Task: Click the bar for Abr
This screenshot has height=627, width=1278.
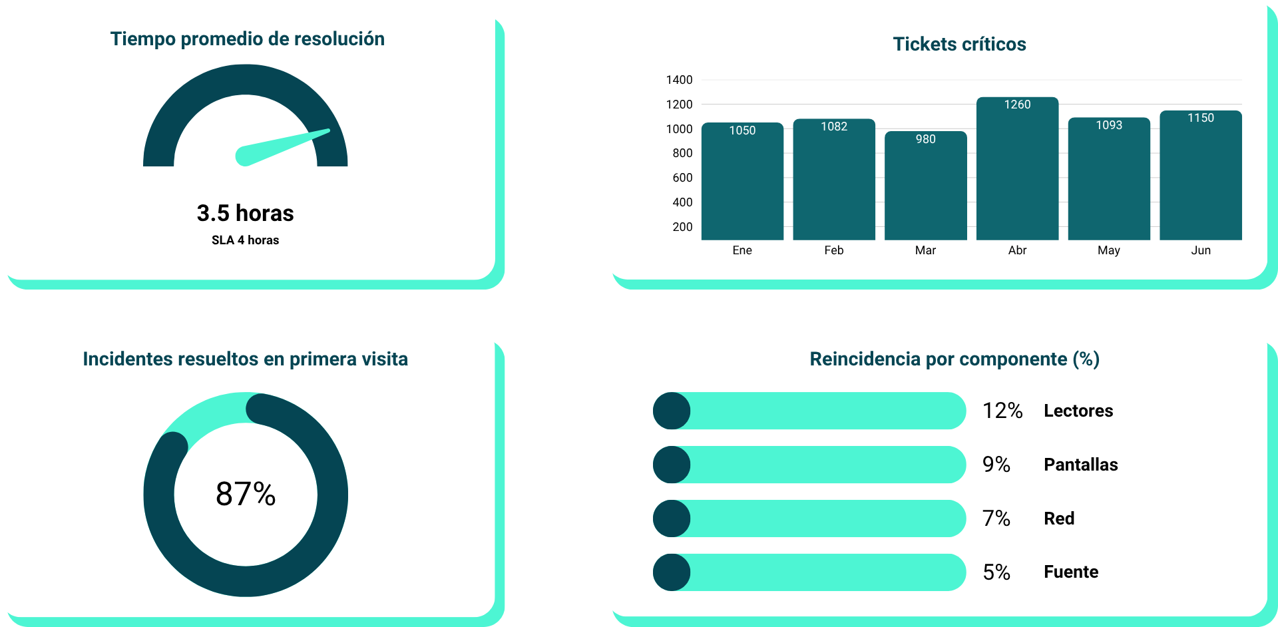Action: coord(1017,173)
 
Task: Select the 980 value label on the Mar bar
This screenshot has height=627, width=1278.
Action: coord(925,139)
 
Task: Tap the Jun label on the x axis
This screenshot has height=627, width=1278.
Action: coord(1201,250)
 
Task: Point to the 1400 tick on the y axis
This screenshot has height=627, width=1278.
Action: coord(679,80)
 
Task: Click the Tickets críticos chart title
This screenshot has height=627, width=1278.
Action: coord(959,44)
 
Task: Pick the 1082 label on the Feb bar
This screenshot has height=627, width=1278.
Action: coord(834,126)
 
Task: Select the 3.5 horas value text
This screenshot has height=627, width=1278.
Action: coord(245,213)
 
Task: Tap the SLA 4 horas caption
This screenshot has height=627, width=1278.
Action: coord(245,240)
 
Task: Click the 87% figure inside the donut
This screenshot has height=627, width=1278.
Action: coord(246,494)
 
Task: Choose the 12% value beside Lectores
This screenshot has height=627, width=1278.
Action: coord(1002,411)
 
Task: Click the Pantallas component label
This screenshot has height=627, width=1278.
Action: coord(1080,465)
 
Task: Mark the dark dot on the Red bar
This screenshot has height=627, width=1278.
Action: coord(672,519)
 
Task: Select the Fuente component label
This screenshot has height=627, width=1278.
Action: coord(1071,572)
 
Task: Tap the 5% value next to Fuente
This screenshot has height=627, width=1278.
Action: coord(996,572)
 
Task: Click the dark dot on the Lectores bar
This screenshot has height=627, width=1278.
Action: coord(672,411)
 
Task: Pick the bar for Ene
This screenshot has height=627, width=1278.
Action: coord(742,183)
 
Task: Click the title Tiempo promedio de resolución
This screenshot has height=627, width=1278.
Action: coord(247,39)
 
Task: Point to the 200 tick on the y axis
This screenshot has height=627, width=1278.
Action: coord(682,227)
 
